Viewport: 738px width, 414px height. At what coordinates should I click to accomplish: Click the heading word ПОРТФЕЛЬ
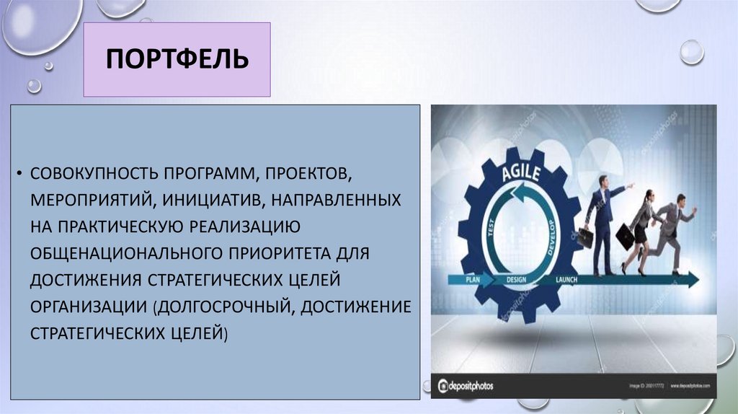tap(177, 59)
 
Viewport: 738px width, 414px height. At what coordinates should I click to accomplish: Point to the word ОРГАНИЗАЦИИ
tap(87, 307)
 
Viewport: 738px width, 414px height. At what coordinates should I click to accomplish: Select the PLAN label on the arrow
tap(473, 278)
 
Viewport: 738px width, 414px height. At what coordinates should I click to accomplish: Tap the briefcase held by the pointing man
tap(584, 237)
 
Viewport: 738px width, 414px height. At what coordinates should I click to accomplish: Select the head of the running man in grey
tap(680, 199)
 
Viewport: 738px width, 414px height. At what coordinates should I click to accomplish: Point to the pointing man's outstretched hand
tap(631, 185)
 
